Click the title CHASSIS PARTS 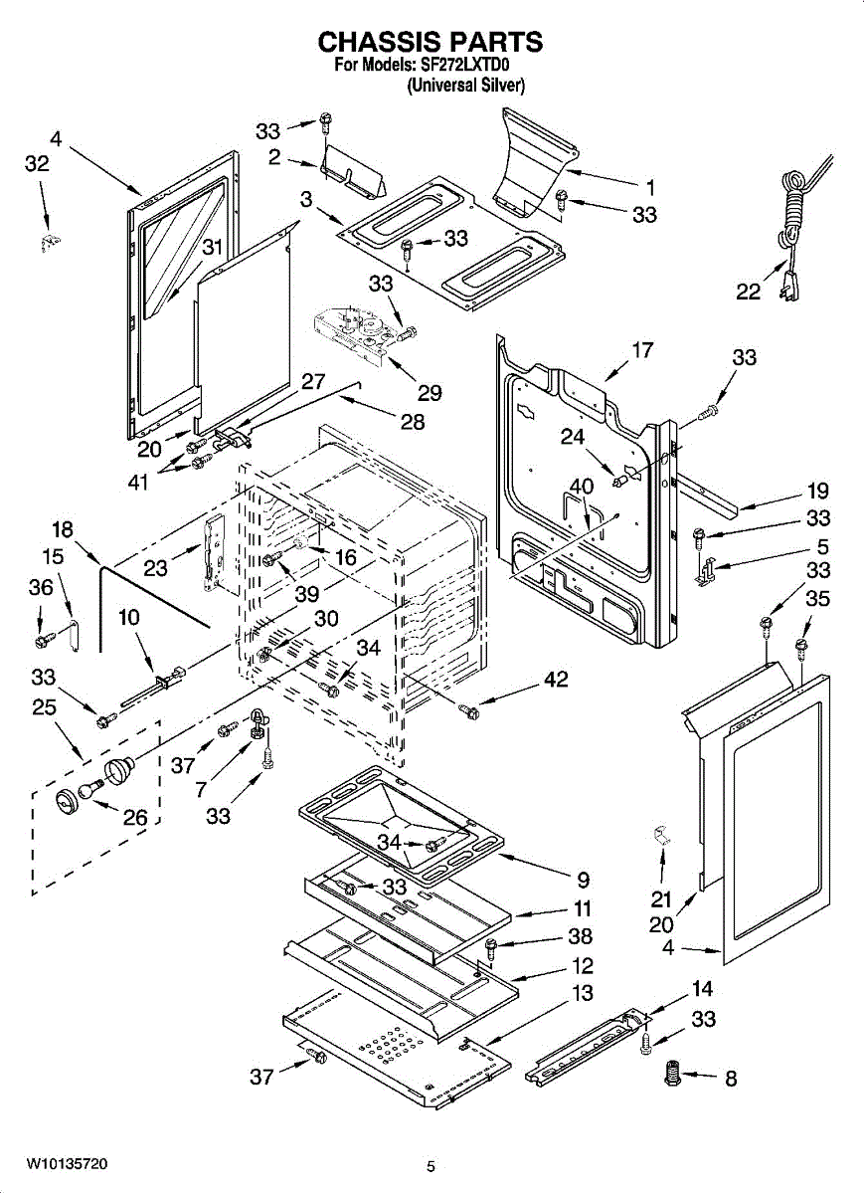tap(431, 42)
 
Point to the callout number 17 tap(642, 350)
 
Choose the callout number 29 tap(430, 393)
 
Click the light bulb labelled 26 tap(91, 788)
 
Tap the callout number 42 tap(557, 679)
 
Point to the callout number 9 tap(584, 880)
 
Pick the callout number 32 tap(37, 164)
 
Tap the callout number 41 tap(138, 483)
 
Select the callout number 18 tap(63, 529)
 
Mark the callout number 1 tap(650, 188)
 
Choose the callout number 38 tap(580, 936)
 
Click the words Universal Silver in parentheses tap(466, 86)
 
